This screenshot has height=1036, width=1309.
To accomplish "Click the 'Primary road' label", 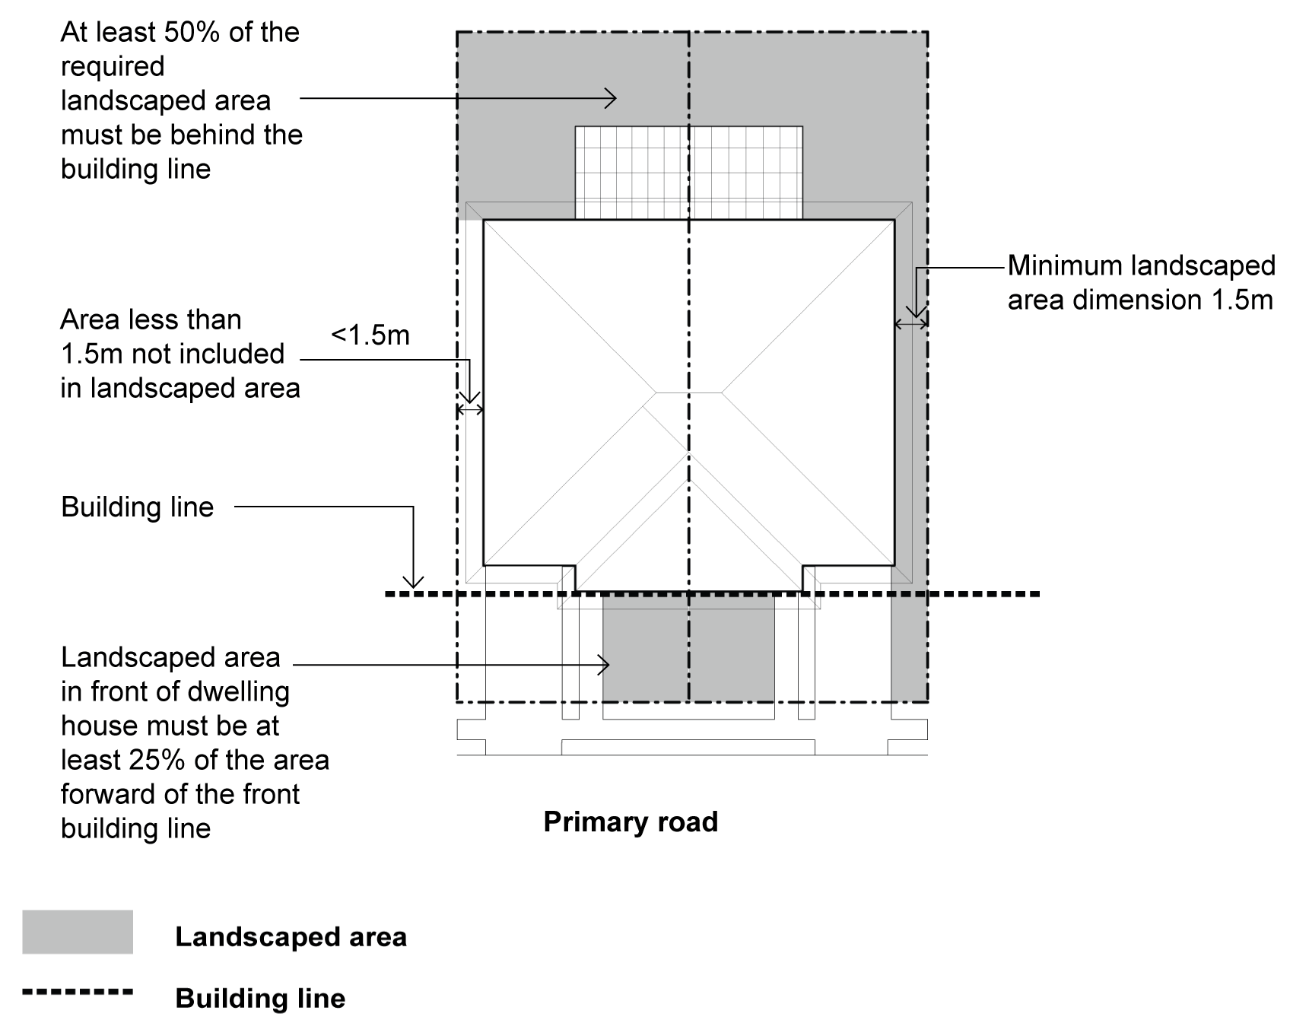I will pos(631,822).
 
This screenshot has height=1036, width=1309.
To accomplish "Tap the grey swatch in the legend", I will pos(78,932).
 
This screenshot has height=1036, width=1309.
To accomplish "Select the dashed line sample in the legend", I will pos(78,992).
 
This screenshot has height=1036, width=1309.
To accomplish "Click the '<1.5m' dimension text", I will pos(370,335).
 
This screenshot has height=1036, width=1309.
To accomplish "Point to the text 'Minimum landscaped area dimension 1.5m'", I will pos(1141,282).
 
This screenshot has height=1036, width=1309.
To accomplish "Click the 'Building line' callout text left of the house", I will pos(137,507).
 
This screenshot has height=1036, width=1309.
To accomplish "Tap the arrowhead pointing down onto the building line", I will pos(413,583).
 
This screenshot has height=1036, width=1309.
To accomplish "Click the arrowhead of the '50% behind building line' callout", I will pos(611,97).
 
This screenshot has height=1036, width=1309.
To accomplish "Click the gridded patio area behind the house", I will pos(688,173).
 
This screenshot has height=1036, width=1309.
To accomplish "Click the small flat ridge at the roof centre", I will pos(688,393).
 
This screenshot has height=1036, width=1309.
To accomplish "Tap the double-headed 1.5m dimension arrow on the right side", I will pos(910,324).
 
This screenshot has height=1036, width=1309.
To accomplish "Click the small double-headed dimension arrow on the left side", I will pos(469,410).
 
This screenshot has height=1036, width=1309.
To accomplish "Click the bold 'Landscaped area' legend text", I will pos(291,937).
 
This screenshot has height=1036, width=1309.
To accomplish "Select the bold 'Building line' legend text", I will pos(260,999).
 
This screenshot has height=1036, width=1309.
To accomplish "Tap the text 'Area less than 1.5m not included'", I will pos(173,337).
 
